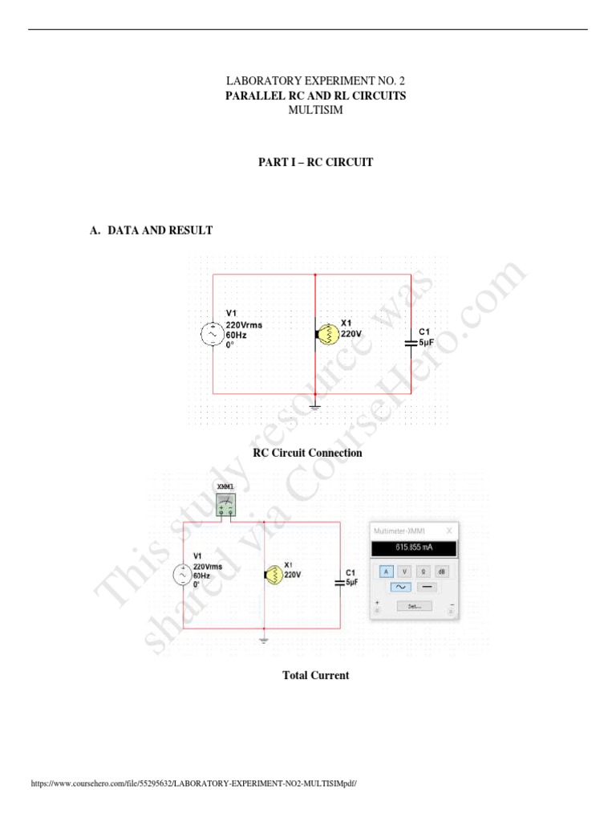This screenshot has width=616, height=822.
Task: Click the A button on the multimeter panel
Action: pos(386,571)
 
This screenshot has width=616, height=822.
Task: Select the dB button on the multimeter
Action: pos(442,571)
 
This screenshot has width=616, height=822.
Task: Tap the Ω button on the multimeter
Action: pos(423,571)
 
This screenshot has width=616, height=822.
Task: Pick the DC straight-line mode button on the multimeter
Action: pos(427,587)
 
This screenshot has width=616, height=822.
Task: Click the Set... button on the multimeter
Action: pos(414,606)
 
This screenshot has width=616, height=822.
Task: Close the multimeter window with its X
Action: pos(449,531)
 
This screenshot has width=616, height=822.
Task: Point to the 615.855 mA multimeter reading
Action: pos(414,549)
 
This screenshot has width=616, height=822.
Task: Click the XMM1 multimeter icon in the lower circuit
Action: pos(227,503)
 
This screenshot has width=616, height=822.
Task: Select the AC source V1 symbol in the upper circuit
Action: pos(213,334)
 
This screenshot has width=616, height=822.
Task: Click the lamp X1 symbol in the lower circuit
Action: pos(272,574)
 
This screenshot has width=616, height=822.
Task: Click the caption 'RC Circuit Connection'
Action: pos(307,453)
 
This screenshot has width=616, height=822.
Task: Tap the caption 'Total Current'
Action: pos(315,676)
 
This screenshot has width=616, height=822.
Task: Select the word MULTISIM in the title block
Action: pos(315,110)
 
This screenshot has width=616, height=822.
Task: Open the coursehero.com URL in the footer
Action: pos(192,783)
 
